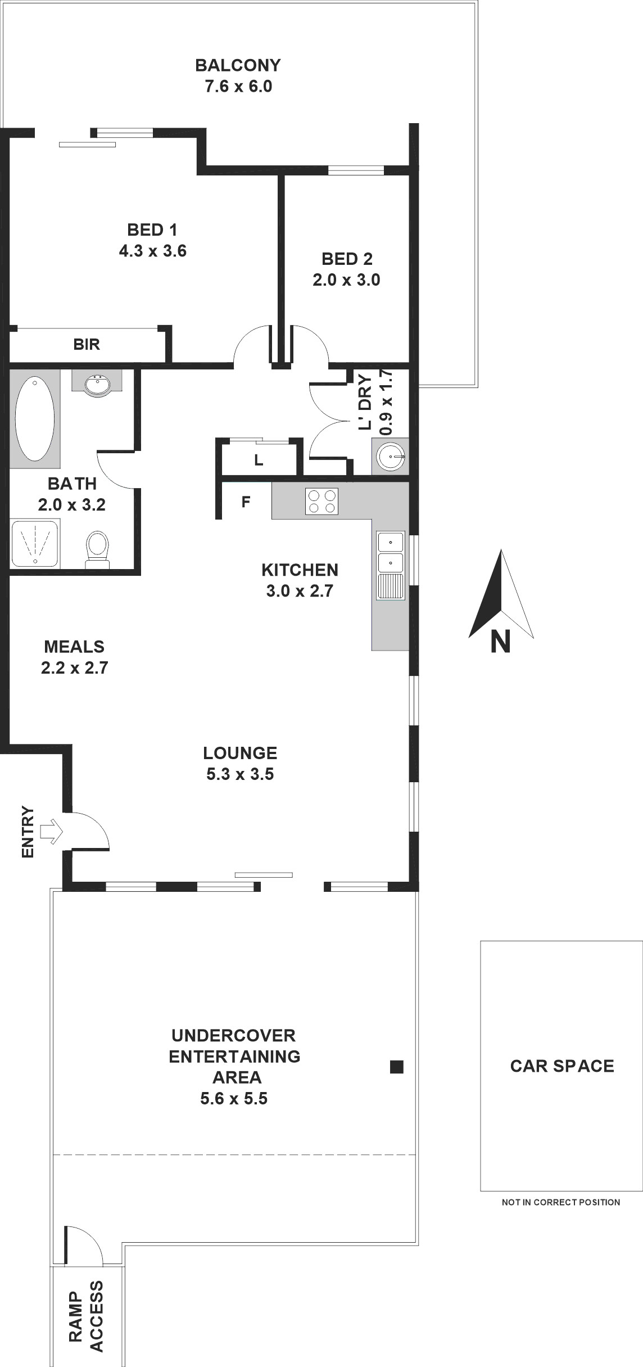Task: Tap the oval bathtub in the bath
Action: (x=35, y=418)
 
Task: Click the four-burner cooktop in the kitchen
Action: (x=321, y=501)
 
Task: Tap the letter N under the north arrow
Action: (x=500, y=641)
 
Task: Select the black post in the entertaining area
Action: (x=397, y=1067)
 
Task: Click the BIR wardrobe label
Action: (x=87, y=344)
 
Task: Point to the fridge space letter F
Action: (x=246, y=502)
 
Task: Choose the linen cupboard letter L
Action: (x=258, y=461)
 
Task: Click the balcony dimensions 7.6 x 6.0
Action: (x=238, y=87)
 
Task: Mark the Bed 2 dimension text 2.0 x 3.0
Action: (x=347, y=279)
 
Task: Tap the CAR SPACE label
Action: (x=562, y=1066)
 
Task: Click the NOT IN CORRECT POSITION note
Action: (x=561, y=1202)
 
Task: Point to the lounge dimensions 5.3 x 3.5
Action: (x=240, y=774)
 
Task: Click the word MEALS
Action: (x=74, y=647)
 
